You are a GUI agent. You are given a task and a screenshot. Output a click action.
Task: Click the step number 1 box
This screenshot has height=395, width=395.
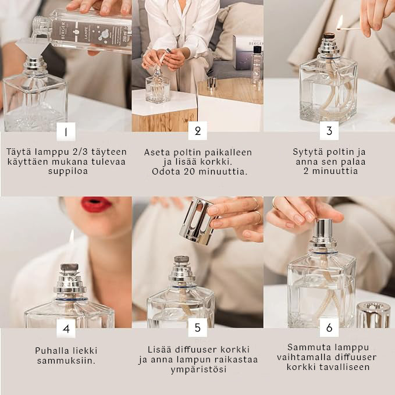pyautogui.click(x=66, y=131)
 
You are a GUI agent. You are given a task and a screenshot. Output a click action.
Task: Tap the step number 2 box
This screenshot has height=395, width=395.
pyautogui.click(x=198, y=131)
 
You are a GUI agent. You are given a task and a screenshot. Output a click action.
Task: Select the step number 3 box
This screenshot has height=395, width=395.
pyautogui.click(x=329, y=131)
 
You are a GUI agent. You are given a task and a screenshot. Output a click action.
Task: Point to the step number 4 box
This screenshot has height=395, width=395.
pyautogui.click(x=66, y=328)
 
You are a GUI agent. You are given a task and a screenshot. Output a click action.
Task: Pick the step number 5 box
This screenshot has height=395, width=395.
pyautogui.click(x=198, y=328)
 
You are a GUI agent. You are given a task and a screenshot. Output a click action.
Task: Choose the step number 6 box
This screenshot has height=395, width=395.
pyautogui.click(x=329, y=328)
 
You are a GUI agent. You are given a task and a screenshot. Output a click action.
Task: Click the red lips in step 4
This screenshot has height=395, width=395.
pyautogui.click(x=96, y=204)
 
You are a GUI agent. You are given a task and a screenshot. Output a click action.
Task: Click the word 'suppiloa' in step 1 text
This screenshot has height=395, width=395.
pyautogui.click(x=68, y=171)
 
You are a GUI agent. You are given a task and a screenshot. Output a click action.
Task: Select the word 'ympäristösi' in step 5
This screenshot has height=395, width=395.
pyautogui.click(x=198, y=370)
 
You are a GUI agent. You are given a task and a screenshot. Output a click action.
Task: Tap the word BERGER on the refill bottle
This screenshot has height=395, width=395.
pyautogui.click(x=63, y=30)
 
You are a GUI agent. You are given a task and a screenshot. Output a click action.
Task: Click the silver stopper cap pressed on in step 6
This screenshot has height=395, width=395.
pyautogui.click(x=323, y=232)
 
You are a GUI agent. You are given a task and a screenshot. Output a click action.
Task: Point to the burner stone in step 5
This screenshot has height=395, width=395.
pyautogui.click(x=182, y=259)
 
